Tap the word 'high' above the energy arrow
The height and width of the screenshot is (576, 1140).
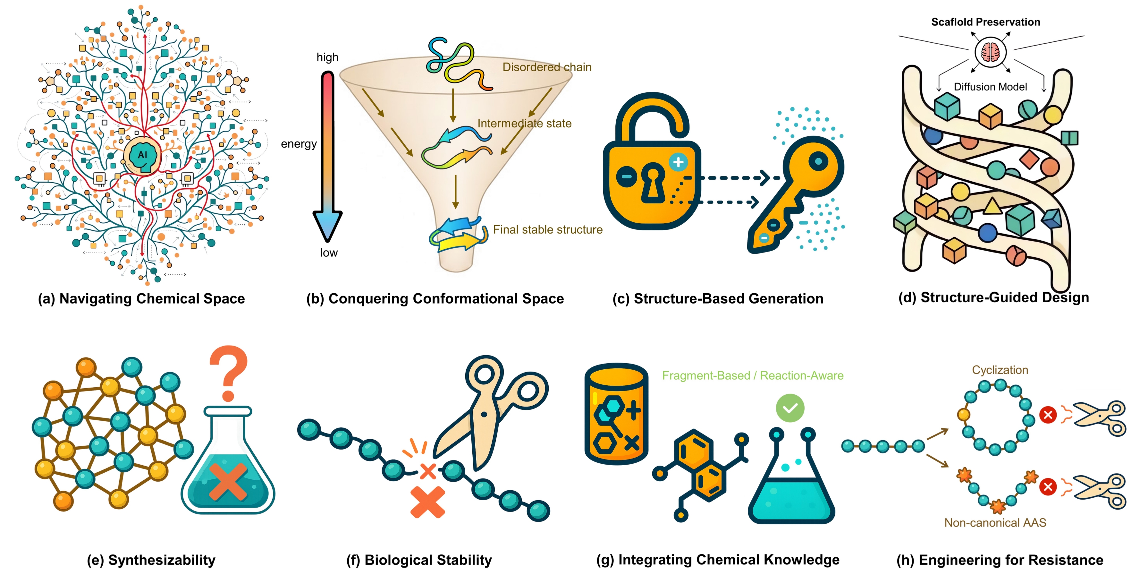(327, 57)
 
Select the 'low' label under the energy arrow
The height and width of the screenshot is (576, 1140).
(329, 253)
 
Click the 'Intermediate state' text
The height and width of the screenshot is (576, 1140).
(524, 123)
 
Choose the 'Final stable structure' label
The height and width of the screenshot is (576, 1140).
(547, 229)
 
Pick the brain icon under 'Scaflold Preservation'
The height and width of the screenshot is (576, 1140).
(991, 52)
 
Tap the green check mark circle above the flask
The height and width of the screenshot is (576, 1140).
(790, 408)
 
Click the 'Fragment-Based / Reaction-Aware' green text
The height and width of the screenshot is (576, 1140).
(752, 375)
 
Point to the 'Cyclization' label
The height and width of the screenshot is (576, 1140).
(1000, 370)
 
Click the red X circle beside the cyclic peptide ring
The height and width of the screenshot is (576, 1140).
(1048, 415)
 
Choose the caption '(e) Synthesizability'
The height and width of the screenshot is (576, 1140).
(151, 560)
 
